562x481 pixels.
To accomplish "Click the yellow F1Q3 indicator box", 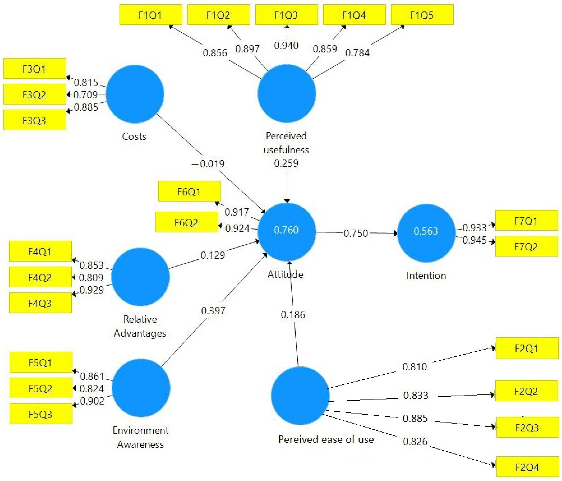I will click(286, 15).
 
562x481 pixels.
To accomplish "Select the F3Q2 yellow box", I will click(35, 94).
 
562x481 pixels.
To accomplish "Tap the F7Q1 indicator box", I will click(526, 221).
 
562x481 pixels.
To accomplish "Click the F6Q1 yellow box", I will click(189, 191).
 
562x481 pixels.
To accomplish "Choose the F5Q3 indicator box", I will click(41, 414).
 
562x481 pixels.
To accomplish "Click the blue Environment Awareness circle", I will click(141, 388).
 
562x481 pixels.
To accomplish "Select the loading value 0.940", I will click(286, 45).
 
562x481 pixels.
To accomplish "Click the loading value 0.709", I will click(85, 95).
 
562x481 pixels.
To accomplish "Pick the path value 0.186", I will click(293, 315).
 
